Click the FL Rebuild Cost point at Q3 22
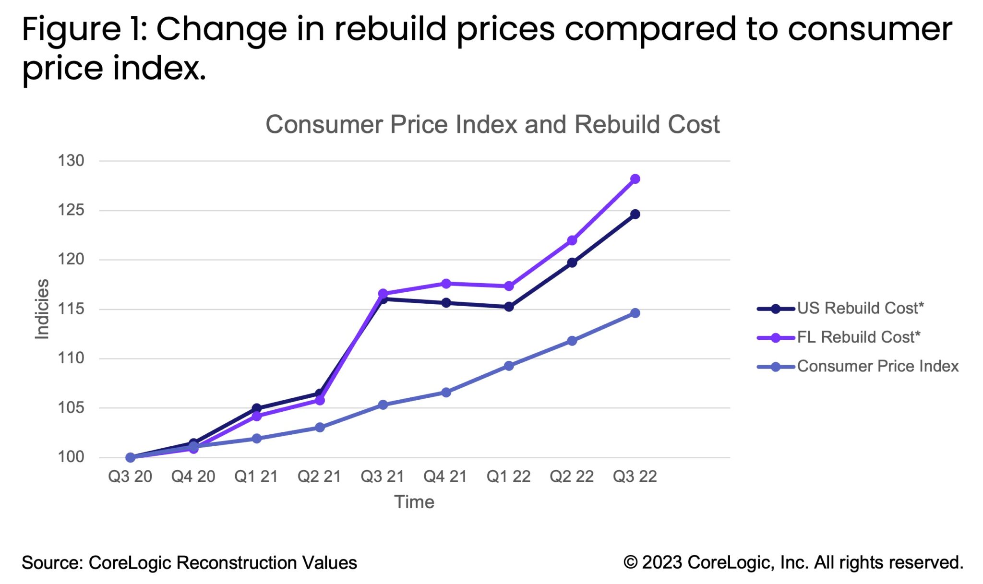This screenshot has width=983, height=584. (x=635, y=179)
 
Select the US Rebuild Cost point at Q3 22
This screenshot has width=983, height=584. (x=635, y=214)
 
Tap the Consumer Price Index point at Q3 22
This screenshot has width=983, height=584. (x=635, y=313)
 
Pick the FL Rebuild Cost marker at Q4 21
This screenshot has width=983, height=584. (x=446, y=284)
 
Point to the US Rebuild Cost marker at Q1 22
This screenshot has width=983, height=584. (x=509, y=307)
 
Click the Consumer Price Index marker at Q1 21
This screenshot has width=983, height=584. (x=257, y=439)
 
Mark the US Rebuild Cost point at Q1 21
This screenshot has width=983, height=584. (x=257, y=408)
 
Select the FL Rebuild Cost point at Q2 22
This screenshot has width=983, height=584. (x=572, y=240)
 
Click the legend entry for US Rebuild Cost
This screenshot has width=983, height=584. (x=860, y=308)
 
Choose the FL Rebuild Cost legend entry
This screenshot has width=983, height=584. (x=858, y=337)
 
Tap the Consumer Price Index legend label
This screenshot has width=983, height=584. (x=877, y=367)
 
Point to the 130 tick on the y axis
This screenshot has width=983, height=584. (x=71, y=161)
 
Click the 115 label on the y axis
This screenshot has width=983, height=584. (x=71, y=309)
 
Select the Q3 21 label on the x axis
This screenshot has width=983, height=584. (x=383, y=477)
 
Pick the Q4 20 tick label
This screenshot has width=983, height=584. (x=193, y=477)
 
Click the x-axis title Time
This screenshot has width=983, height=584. (x=414, y=502)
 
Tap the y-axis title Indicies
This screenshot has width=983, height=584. (x=43, y=309)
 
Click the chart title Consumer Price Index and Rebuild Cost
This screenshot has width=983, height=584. (x=492, y=125)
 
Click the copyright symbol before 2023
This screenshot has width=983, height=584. (x=630, y=562)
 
